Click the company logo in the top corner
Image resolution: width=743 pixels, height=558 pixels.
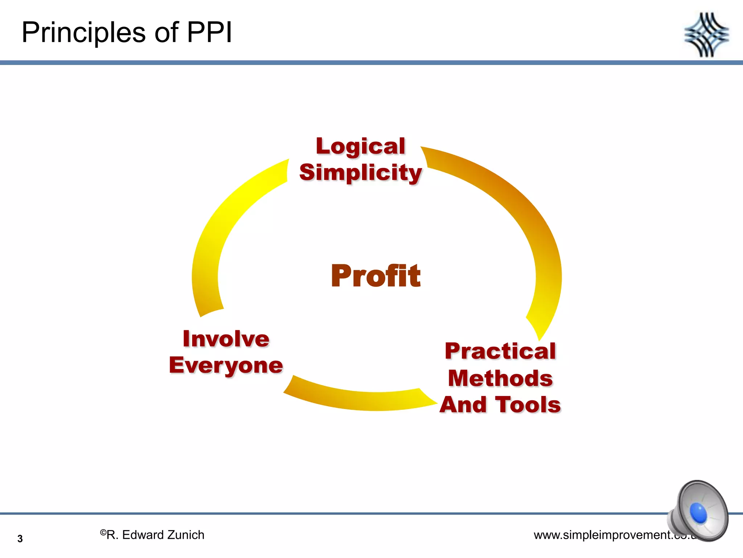(706, 35)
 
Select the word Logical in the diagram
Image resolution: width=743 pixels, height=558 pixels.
(360, 146)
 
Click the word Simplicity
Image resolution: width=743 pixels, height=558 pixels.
(360, 172)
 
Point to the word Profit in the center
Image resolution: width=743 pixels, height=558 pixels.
(375, 276)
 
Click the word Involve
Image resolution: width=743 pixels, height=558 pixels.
(226, 339)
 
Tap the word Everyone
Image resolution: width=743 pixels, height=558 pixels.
(226, 365)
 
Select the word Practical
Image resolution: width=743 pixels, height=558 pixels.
(500, 351)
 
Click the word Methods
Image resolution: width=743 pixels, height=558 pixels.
(500, 378)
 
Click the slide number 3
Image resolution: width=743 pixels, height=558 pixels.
(20, 539)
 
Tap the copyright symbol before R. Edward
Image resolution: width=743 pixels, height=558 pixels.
(103, 533)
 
